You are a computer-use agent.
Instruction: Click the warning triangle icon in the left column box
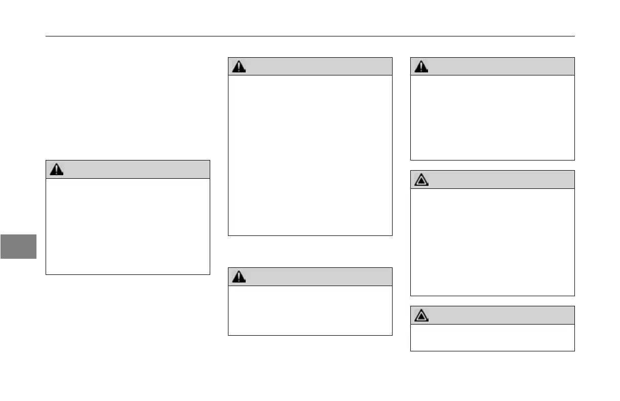(57, 170)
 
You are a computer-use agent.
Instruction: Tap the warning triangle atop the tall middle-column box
(239, 66)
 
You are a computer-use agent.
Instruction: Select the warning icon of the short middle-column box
(239, 276)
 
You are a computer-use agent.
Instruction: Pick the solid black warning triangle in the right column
(421, 66)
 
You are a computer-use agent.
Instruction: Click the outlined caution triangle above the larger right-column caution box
(421, 180)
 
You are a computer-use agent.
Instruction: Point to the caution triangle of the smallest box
(421, 315)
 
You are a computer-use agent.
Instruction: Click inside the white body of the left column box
(128, 226)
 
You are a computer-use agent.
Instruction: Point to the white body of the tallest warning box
(310, 155)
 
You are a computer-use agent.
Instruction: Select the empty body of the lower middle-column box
(310, 310)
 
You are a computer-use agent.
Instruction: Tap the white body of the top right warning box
(492, 117)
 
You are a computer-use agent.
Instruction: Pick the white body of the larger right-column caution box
(492, 242)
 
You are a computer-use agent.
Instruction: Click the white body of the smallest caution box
(492, 337)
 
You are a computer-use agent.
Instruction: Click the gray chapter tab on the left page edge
(18, 246)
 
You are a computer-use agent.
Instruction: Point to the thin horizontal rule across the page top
(310, 36)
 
